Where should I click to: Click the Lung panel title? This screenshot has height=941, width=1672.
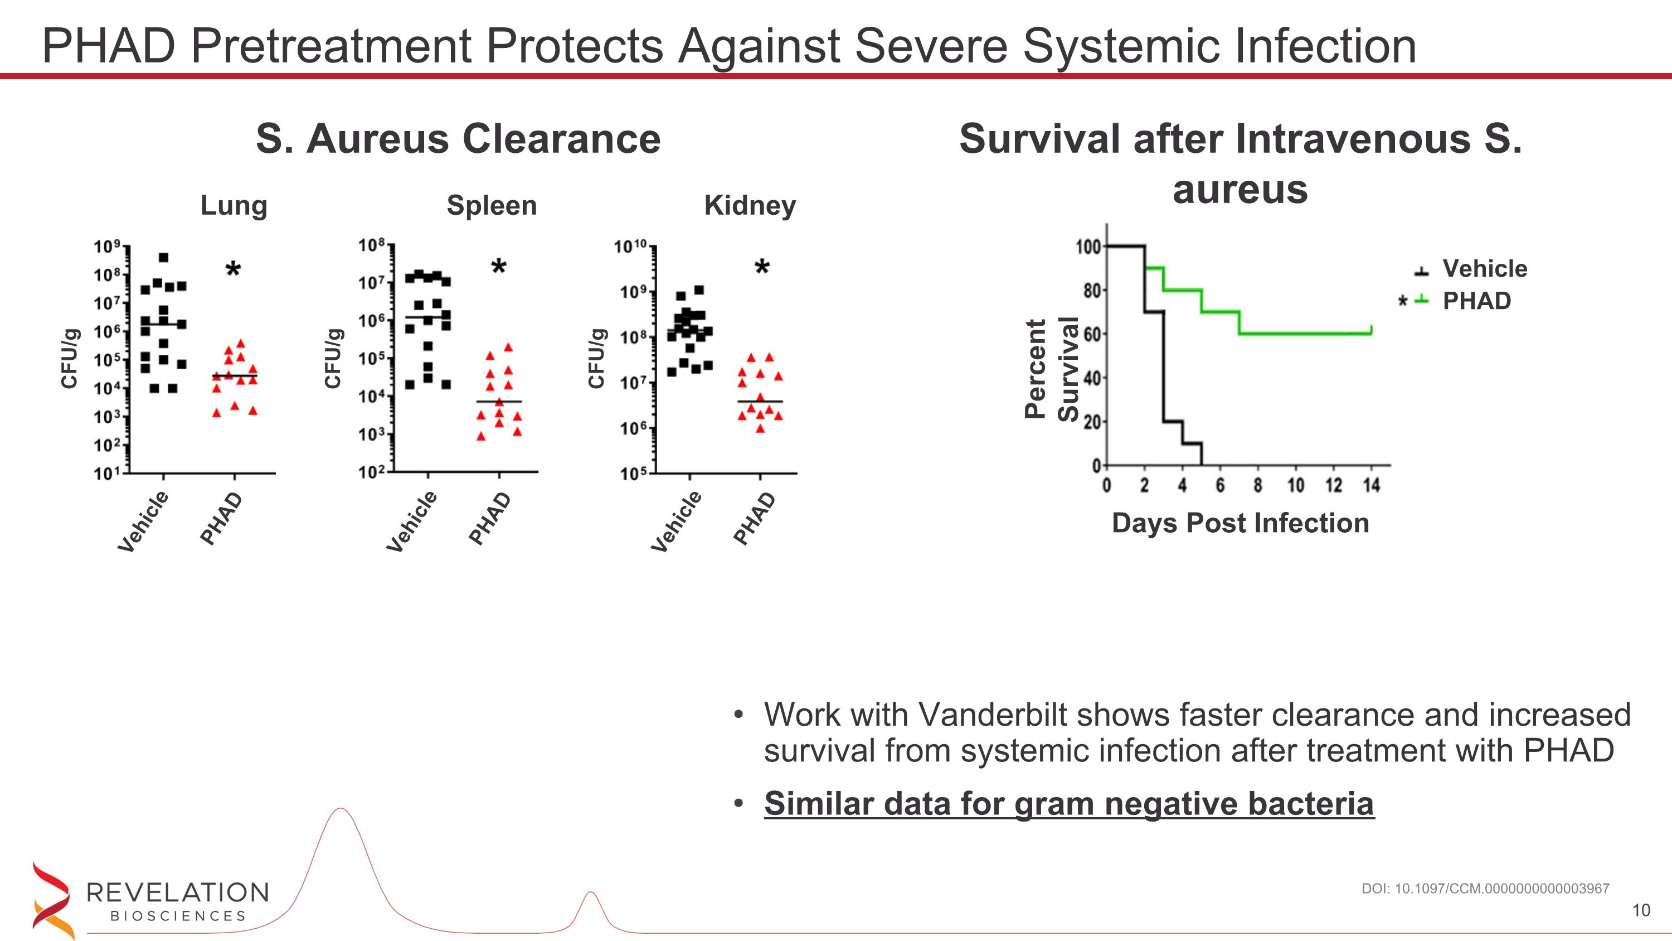234,206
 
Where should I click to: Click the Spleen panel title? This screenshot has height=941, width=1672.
492,206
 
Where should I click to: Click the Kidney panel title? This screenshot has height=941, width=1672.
750,206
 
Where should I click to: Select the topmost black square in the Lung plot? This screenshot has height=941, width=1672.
163,258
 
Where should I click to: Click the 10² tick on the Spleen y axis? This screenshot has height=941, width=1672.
372,472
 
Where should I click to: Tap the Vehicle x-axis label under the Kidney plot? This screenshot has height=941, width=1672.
677,522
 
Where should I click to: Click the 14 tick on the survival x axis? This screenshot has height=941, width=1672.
1371,485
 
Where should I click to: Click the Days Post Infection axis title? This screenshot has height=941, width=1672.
1240,523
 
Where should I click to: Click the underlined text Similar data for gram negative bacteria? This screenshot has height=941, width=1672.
1068,804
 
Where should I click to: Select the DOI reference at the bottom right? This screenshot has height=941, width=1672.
1485,889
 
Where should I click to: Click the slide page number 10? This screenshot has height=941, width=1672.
1641,910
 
